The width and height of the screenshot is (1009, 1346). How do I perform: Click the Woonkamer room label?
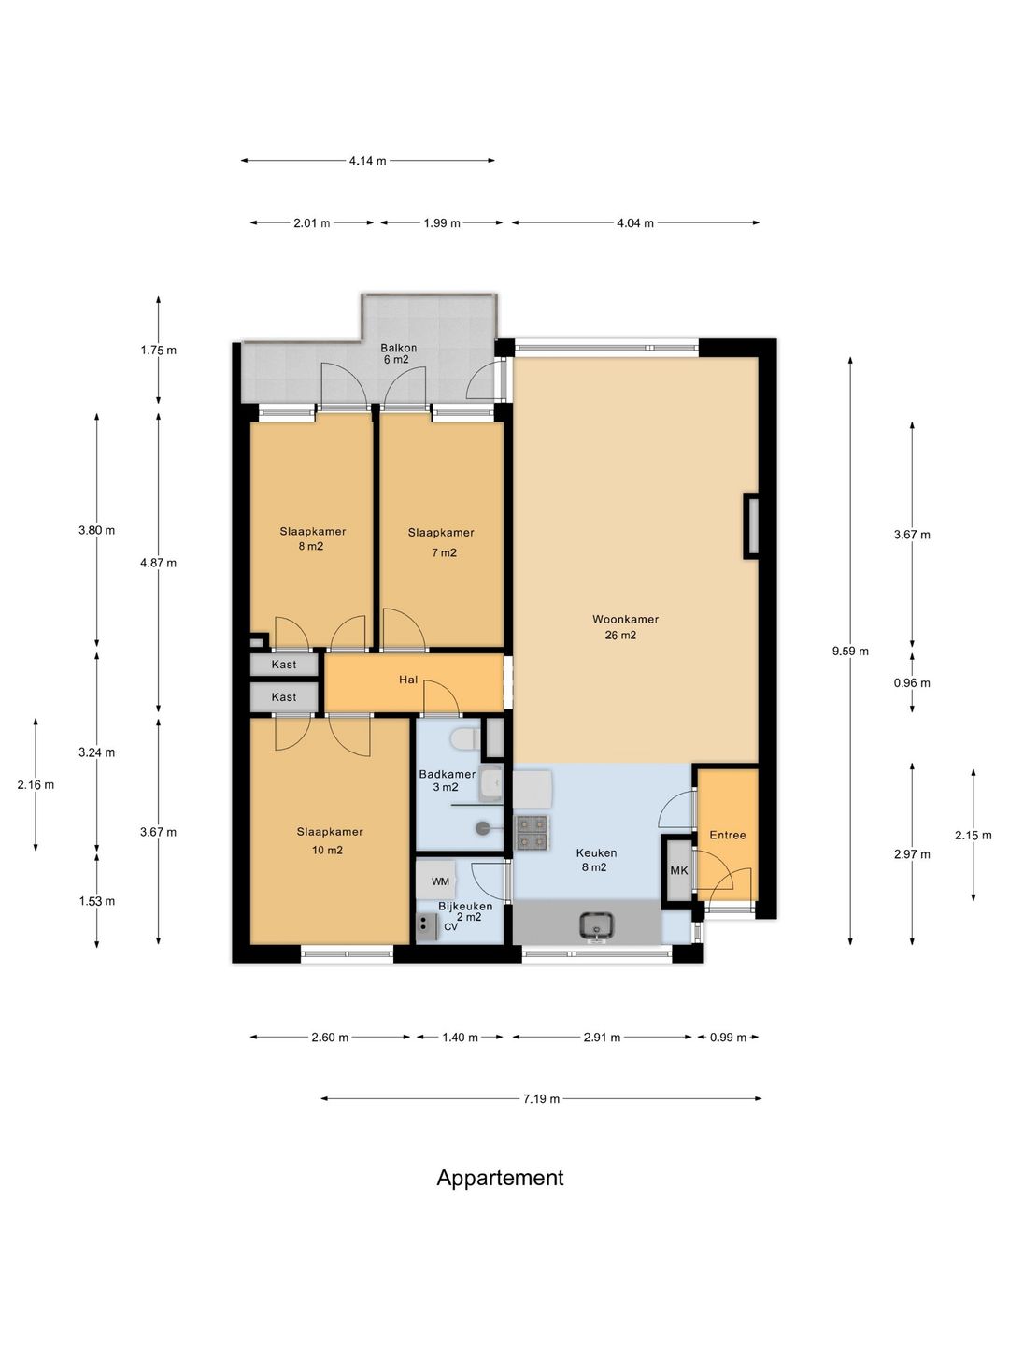click(x=625, y=619)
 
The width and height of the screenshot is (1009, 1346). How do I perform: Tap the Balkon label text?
click(x=398, y=347)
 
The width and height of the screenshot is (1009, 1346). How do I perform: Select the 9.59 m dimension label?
click(x=850, y=652)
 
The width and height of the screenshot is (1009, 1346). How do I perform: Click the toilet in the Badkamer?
click(x=465, y=739)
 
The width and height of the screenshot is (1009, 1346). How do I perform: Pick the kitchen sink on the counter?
click(x=596, y=926)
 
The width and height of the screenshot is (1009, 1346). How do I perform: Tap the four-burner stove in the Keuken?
click(x=532, y=833)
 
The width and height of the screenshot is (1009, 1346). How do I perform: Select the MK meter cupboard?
click(x=678, y=870)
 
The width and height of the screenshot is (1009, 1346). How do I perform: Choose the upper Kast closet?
click(x=284, y=665)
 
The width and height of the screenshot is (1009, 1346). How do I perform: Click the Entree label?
click(x=727, y=836)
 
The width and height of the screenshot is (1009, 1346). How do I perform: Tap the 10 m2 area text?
click(x=327, y=850)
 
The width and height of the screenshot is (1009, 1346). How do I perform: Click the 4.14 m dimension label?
click(x=367, y=161)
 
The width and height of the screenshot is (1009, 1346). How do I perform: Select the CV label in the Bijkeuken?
click(x=450, y=926)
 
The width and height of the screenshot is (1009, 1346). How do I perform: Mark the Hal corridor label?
click(x=408, y=680)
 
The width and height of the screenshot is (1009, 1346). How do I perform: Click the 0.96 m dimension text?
click(x=912, y=683)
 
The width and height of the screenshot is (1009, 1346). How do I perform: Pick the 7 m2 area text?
click(x=444, y=552)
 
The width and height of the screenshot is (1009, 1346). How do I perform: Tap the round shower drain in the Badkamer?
click(x=483, y=828)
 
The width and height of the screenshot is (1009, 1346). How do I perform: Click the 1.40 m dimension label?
click(x=460, y=1038)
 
